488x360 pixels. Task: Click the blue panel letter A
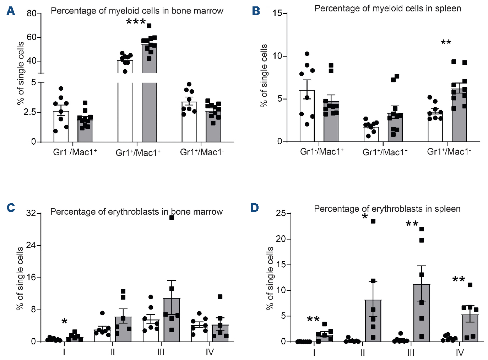point(11,11)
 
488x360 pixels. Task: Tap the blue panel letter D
point(255,208)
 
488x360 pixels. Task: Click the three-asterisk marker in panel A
point(136,22)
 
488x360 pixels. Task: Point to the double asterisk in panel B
point(446,43)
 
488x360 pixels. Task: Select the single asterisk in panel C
point(64,322)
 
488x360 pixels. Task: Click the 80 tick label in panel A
point(31,14)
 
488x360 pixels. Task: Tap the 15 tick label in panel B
point(277,13)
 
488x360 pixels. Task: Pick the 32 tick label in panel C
point(31,213)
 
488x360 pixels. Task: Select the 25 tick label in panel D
point(281,213)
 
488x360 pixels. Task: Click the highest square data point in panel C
point(172,217)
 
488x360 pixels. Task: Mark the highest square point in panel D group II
point(373,221)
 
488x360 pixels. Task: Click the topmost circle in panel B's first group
point(307,54)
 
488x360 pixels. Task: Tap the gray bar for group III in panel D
point(422,313)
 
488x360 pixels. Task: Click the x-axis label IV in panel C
point(210,352)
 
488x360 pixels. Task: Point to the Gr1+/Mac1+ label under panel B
point(385,152)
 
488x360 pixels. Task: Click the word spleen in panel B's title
point(448,8)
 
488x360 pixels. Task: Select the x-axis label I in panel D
point(314,353)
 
